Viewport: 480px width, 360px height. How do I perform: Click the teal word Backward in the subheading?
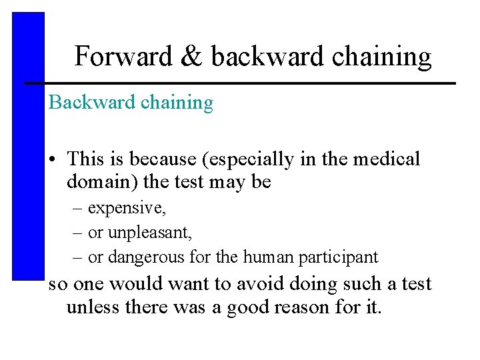83,103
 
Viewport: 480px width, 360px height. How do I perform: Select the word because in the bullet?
160,159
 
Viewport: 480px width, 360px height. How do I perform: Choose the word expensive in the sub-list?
127,209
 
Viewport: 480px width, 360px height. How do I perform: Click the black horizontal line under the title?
240,83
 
